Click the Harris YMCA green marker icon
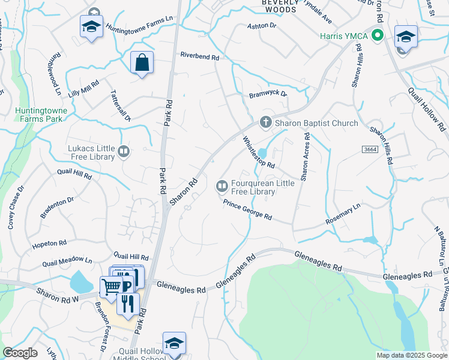click(378, 36)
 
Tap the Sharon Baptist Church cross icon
click(266, 122)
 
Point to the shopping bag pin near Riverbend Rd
click(142, 63)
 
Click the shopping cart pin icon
click(111, 287)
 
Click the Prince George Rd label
click(247, 211)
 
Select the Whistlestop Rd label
click(258, 152)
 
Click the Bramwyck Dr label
click(268, 95)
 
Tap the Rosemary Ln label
click(343, 214)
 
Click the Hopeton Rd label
click(49, 244)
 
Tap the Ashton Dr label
click(261, 26)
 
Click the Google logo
click(20, 353)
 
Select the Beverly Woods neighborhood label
click(279, 6)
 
